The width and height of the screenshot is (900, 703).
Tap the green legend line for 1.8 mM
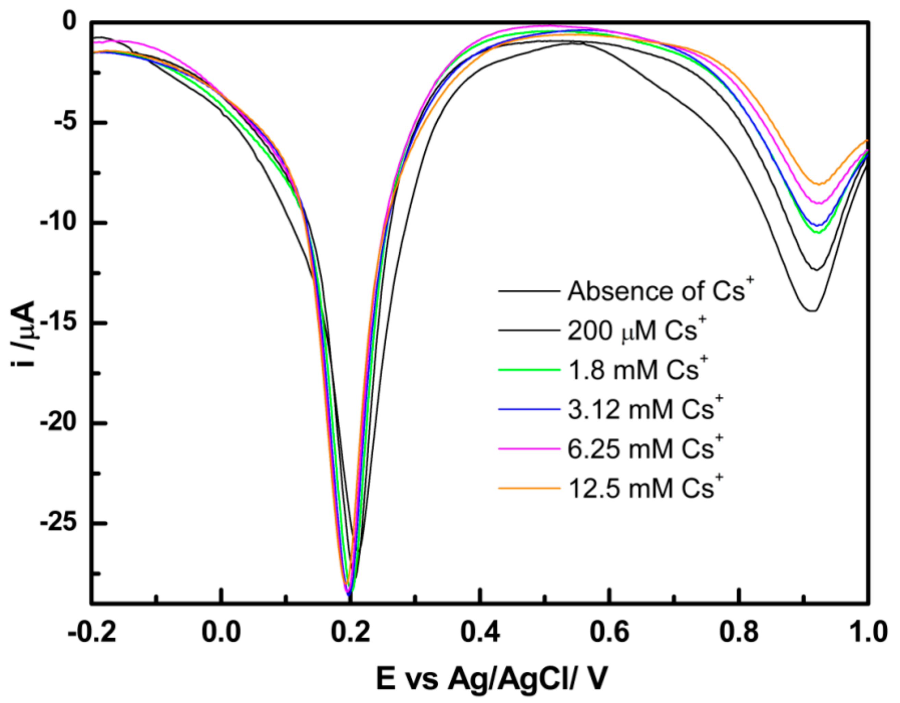tap(529, 370)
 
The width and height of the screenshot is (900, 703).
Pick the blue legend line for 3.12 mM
tap(529, 409)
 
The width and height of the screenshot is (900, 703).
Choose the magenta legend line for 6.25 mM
tap(529, 448)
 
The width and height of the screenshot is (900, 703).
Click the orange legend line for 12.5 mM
tap(529, 488)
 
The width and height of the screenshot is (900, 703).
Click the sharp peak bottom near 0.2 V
tap(349, 594)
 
